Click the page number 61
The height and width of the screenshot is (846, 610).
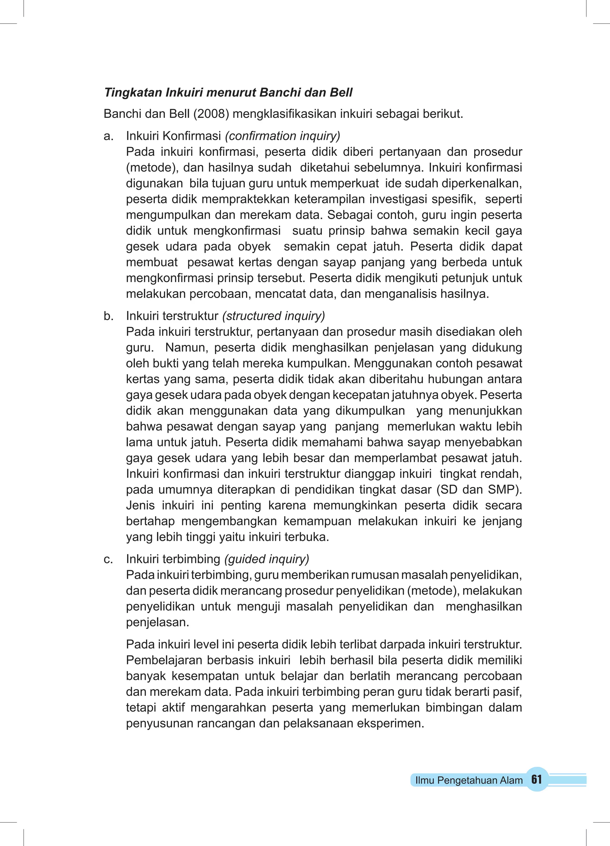(x=536, y=780)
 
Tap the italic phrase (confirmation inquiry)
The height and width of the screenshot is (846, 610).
(x=283, y=136)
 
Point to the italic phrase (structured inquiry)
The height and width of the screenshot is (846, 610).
(x=274, y=316)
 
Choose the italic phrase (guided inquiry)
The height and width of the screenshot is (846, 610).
(x=267, y=559)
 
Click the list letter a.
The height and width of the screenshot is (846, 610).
(x=108, y=136)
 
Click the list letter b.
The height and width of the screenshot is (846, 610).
(x=108, y=316)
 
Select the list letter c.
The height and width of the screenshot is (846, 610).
(x=108, y=559)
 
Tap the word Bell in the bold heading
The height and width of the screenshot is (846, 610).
(x=341, y=93)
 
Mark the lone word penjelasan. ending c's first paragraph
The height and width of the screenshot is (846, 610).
(x=158, y=622)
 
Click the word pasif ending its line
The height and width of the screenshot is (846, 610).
(x=510, y=692)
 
